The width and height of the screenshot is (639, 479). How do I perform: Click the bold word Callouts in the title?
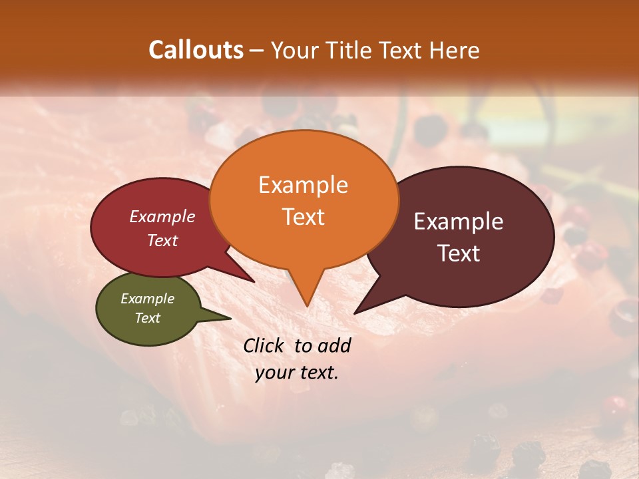(x=196, y=50)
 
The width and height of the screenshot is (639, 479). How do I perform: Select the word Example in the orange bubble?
(x=303, y=185)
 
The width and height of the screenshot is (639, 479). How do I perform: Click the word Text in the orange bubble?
(x=303, y=217)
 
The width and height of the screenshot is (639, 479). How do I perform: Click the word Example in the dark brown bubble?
(x=459, y=222)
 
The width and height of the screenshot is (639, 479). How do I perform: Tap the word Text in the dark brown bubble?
(x=459, y=253)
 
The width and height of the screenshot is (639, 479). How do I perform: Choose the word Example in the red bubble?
(x=162, y=216)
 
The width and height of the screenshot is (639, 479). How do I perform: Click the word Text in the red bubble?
(x=162, y=240)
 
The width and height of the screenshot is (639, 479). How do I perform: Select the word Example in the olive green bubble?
(x=147, y=299)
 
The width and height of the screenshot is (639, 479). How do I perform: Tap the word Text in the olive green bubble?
(x=147, y=318)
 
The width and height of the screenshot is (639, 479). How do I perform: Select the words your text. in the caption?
(x=297, y=373)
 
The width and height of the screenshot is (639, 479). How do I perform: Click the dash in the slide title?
(x=258, y=51)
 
